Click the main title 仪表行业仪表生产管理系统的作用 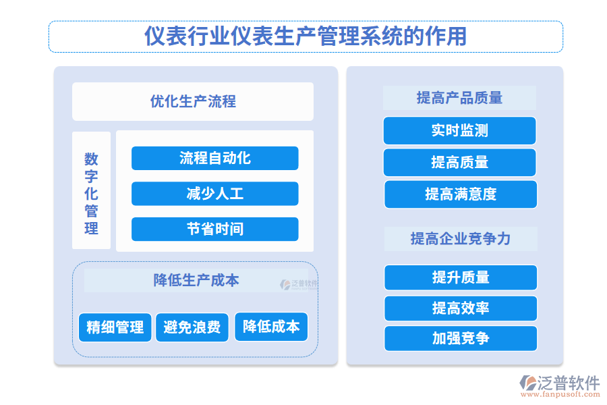coord(306,36)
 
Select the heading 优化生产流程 coord(193,102)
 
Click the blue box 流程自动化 coord(214,158)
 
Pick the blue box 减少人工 coord(214,194)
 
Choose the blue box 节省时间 coord(214,229)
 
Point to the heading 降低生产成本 coord(196,279)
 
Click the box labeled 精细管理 coord(115,327)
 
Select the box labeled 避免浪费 coord(192,327)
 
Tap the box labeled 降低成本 coord(271,327)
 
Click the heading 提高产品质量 coord(459,98)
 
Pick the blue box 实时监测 coord(459,130)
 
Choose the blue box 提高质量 coord(459,162)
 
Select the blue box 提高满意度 coord(461,194)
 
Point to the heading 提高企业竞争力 coord(461,238)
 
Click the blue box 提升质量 coord(461,277)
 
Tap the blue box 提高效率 coord(461,308)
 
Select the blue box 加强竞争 coord(461,338)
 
